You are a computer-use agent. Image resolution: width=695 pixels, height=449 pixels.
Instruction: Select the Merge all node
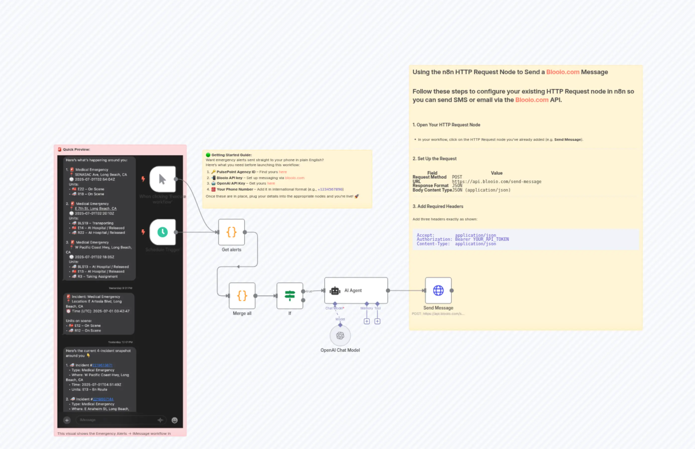[x=242, y=296]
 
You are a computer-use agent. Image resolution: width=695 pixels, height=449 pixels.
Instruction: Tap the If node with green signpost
[x=290, y=296]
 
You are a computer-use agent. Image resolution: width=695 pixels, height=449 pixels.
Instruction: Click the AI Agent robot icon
[x=335, y=291]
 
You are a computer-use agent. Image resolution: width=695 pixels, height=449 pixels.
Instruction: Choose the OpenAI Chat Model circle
[x=340, y=336]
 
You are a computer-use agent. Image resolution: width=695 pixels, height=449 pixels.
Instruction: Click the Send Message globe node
[x=438, y=290]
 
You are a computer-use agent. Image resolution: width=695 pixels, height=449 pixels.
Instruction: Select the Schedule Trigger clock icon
[x=162, y=232]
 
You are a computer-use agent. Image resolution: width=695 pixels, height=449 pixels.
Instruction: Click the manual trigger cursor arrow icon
[x=162, y=179]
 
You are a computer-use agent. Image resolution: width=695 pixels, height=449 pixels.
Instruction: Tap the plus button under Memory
[x=366, y=321]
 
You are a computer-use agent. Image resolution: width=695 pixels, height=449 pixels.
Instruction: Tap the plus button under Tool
[x=377, y=321]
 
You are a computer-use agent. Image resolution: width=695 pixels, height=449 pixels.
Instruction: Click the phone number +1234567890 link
[x=330, y=189]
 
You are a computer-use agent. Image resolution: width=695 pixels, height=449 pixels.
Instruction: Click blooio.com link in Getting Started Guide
[x=295, y=178]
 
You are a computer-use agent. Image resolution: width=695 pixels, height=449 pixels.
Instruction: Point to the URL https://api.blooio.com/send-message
[x=496, y=182]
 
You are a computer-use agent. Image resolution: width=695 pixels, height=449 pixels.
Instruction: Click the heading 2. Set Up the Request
[x=434, y=159]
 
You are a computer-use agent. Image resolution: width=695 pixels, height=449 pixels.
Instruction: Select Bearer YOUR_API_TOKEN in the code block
[x=482, y=239]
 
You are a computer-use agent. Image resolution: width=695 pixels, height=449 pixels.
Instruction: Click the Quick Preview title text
[x=76, y=150]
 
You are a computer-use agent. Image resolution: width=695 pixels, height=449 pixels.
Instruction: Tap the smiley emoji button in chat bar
[x=174, y=420]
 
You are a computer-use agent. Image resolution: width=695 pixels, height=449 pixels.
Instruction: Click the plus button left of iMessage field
[x=67, y=420]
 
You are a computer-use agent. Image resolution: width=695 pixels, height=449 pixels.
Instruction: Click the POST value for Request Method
[x=457, y=177]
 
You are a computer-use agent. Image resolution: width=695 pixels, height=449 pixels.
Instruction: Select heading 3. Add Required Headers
[x=438, y=206]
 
